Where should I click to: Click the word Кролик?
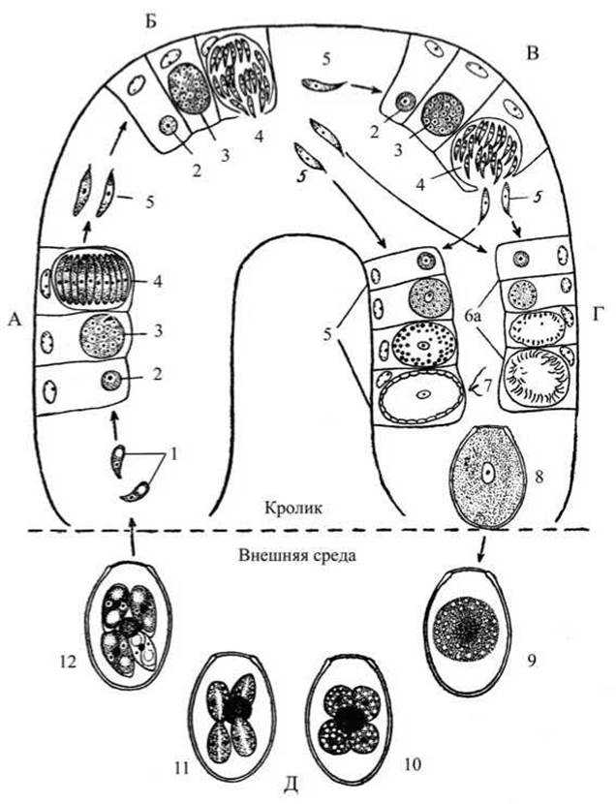(293, 508)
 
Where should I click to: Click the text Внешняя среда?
(297, 555)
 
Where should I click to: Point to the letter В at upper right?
(533, 54)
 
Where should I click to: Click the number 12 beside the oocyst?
(68, 662)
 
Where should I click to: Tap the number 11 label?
(181, 767)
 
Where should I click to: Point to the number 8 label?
(539, 478)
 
